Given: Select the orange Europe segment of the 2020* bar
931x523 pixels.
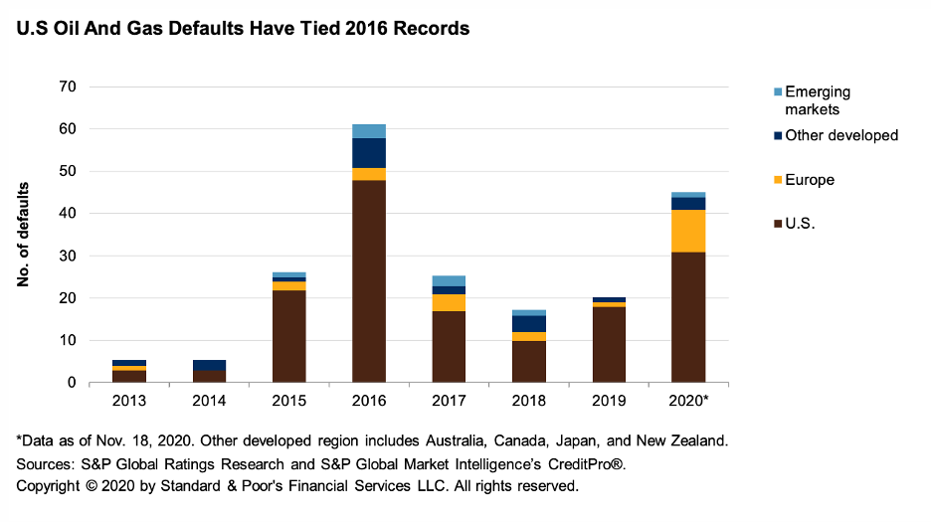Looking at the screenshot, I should [x=688, y=231].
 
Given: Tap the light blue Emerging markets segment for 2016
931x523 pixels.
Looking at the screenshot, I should [x=369, y=131].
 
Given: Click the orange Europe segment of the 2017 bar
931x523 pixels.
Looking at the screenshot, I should [x=449, y=302].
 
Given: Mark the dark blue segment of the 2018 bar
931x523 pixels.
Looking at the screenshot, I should [x=529, y=324].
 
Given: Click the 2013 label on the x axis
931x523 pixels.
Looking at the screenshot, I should [x=129, y=400].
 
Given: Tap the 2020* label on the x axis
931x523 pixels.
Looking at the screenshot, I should [x=688, y=400].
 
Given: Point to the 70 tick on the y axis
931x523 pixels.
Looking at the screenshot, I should [x=68, y=87].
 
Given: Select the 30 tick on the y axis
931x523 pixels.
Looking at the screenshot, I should [x=68, y=256].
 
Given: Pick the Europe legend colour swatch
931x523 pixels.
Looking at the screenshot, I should [x=777, y=180].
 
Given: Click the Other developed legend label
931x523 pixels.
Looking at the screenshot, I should [x=841, y=135].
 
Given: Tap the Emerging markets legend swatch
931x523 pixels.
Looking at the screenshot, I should [x=777, y=92].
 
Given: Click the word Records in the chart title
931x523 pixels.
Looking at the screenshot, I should [x=433, y=29].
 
